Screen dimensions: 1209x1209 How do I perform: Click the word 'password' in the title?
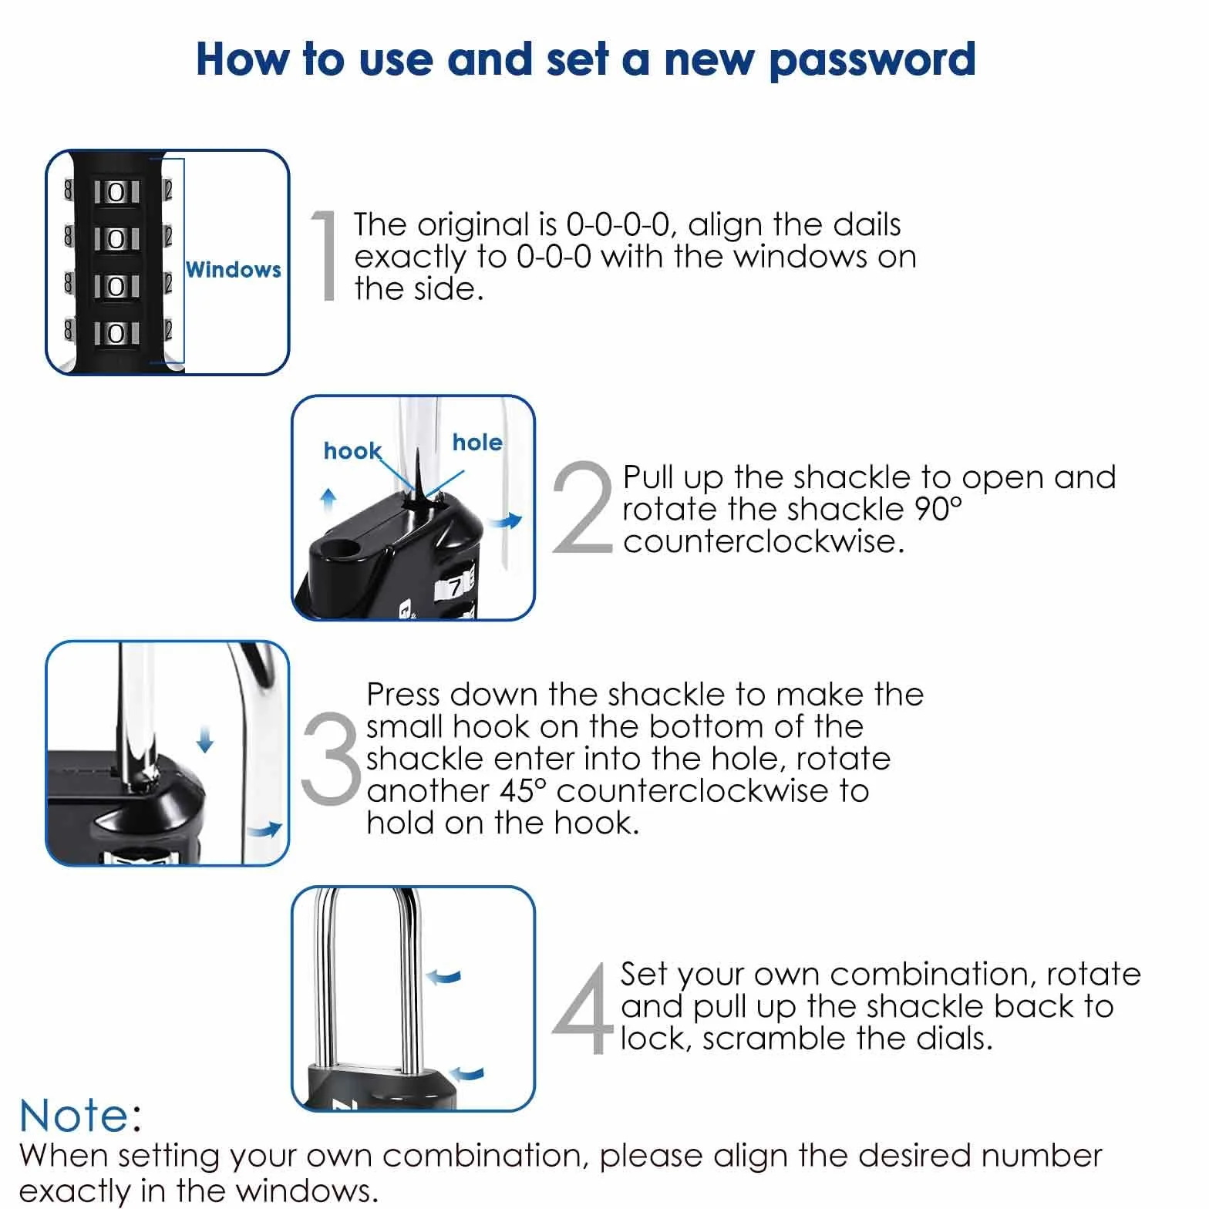coord(872,61)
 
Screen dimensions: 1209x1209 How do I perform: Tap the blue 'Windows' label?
coord(234,270)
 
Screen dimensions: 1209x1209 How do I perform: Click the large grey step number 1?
coord(327,254)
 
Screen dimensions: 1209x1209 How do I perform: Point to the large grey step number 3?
coord(332,756)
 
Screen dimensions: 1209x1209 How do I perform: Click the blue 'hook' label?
coord(352,451)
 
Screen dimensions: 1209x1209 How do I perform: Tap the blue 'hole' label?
coord(477,442)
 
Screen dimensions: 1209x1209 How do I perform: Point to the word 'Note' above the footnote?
coord(75,1116)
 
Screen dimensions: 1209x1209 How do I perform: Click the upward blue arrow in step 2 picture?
coord(329,500)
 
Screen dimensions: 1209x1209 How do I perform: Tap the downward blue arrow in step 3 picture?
coord(204,739)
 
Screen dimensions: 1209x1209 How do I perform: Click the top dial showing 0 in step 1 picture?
coord(116,191)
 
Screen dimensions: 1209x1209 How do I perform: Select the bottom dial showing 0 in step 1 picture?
coord(116,333)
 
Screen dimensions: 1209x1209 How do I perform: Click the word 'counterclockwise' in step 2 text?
coord(763,541)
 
